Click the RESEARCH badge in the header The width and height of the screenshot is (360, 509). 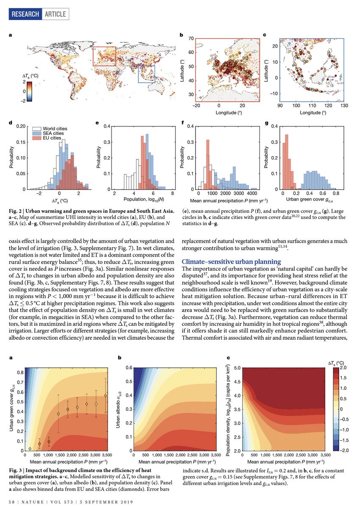click(x=25, y=14)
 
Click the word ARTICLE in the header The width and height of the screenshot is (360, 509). click(x=55, y=14)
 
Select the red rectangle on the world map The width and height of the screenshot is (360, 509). click(x=104, y=56)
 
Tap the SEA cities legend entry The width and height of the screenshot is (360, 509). click(x=51, y=133)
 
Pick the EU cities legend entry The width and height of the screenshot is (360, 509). click(x=50, y=138)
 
